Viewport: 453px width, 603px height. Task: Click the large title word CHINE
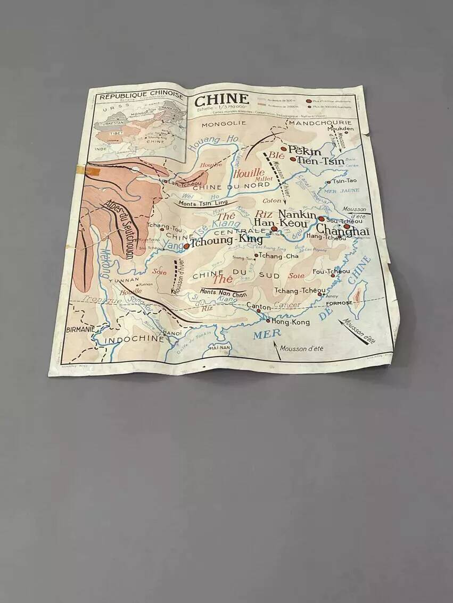coord(221,99)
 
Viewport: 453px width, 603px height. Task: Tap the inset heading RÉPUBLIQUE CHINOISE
coord(142,96)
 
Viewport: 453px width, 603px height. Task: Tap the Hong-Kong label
coord(290,322)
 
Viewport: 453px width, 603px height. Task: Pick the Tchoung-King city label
coord(226,240)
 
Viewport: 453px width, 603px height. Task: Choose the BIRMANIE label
coord(80,329)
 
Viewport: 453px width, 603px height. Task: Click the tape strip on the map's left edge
coord(88,171)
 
